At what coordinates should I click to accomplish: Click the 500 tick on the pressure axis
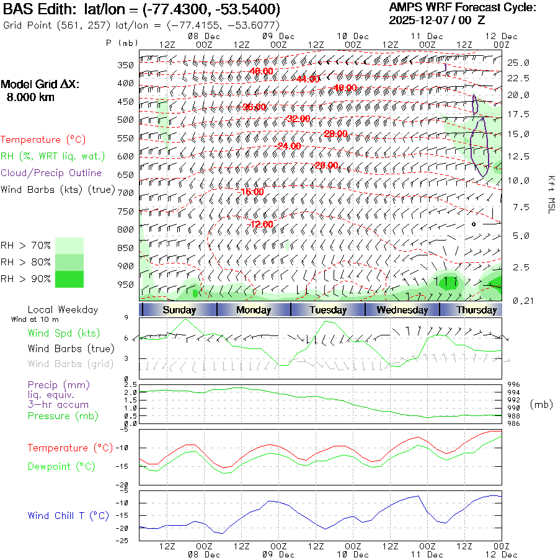pos(126,120)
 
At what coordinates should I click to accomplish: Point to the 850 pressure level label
pos(126,248)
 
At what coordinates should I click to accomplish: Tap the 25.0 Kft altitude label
pos(518,63)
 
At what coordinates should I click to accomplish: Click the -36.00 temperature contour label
pos(254,107)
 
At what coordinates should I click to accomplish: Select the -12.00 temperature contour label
pos(260,224)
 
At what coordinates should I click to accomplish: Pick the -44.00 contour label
pos(308,79)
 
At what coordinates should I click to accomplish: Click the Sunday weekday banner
pos(179,310)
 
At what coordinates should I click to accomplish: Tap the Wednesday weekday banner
pos(402,310)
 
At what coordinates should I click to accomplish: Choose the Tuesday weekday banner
pos(327,310)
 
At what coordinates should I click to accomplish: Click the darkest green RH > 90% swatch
pos(69,279)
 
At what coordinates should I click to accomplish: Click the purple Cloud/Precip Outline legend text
pos(51,173)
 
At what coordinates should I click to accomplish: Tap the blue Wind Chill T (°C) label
pos(68,515)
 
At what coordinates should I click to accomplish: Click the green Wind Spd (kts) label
pos(64,334)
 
